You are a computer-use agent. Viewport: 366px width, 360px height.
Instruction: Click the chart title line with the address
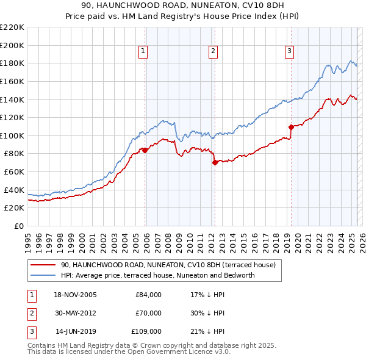pyautogui.click(x=183, y=6)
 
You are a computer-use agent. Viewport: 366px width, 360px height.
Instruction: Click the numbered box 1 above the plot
pyautogui.click(x=143, y=52)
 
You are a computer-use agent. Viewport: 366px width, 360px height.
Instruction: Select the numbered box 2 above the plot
pyautogui.click(x=213, y=52)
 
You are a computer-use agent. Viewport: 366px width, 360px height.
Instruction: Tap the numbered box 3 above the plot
pyautogui.click(x=289, y=52)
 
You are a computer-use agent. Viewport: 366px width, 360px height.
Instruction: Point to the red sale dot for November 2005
pyautogui.click(x=145, y=150)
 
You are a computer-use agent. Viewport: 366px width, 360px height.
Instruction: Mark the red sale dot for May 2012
pyautogui.click(x=215, y=163)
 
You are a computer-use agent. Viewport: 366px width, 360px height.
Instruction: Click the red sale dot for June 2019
pyautogui.click(x=291, y=127)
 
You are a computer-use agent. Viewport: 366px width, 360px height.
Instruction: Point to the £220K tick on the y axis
pyautogui.click(x=12, y=27)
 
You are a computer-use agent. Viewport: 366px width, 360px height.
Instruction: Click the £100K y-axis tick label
pyautogui.click(x=12, y=135)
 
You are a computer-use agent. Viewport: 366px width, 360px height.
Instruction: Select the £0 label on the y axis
pyautogui.click(x=20, y=226)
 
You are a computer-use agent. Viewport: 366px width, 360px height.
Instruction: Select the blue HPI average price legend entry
pyautogui.click(x=165, y=276)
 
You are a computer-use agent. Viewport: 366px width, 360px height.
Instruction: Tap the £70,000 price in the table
pyautogui.click(x=148, y=313)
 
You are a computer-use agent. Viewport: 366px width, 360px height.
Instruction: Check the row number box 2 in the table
pyautogui.click(x=31, y=313)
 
